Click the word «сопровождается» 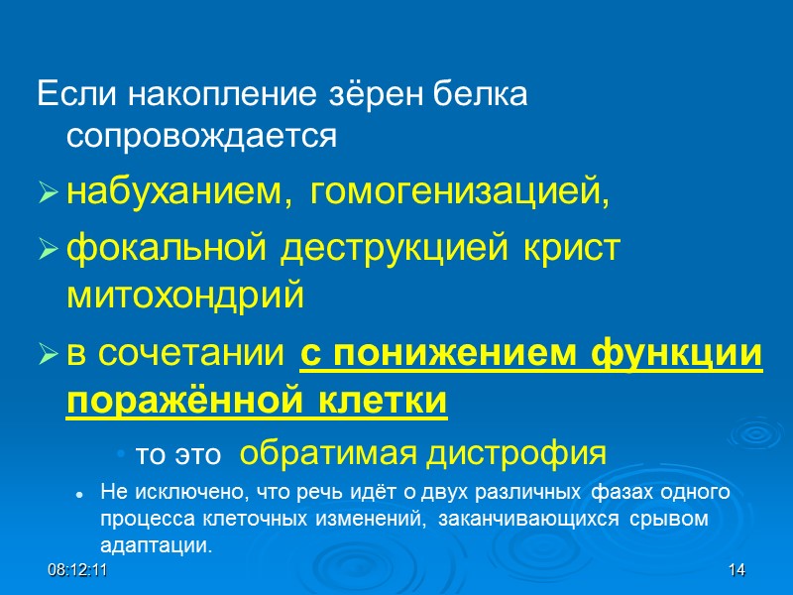tap(202, 137)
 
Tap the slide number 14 tap(736, 571)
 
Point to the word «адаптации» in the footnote tap(156, 545)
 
